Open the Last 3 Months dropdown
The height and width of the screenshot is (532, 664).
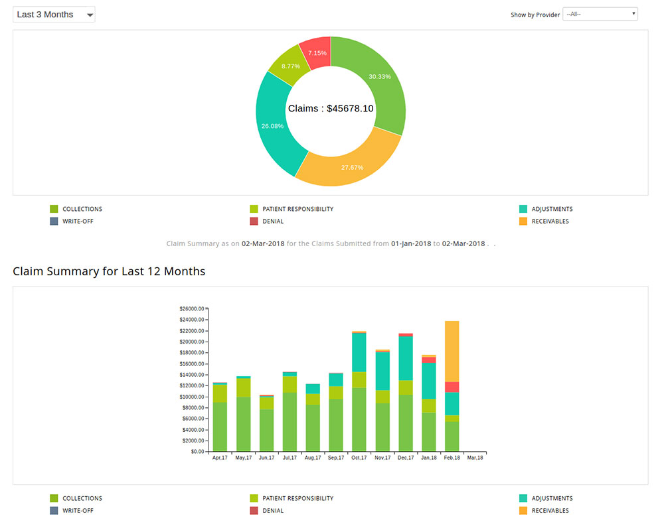[x=54, y=15]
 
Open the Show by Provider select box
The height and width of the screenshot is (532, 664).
[x=600, y=14]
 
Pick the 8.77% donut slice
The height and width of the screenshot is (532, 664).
[x=290, y=66]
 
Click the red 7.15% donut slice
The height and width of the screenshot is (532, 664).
[x=317, y=52]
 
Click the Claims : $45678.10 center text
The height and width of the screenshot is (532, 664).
[x=331, y=108]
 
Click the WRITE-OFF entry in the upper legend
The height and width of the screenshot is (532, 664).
[x=77, y=222]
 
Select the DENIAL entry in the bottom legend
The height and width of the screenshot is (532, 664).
[x=272, y=511]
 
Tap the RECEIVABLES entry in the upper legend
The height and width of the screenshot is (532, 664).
[x=550, y=222]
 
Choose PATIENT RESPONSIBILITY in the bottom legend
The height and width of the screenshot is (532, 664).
[x=297, y=498]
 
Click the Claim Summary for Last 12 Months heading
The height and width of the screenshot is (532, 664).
[x=109, y=271]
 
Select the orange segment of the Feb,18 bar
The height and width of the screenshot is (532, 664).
[x=452, y=352]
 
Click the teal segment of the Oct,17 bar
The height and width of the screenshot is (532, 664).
[x=359, y=352]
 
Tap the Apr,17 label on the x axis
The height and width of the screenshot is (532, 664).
[x=220, y=458]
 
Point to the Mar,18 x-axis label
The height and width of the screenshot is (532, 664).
[x=475, y=458]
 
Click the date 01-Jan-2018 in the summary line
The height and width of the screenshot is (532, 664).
[x=411, y=243]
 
